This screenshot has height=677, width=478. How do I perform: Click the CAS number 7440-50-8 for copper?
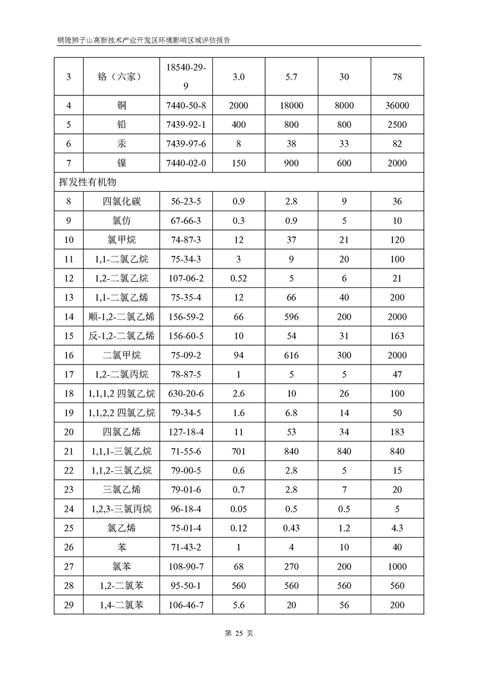tap(189, 106)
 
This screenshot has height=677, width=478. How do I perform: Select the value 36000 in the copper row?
tap(396, 106)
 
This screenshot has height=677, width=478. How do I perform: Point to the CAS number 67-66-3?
tap(189, 221)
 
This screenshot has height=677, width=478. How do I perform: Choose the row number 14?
tap(69, 317)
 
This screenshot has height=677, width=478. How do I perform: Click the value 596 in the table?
tap(292, 317)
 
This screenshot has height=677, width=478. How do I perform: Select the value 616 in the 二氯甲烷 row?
tap(292, 355)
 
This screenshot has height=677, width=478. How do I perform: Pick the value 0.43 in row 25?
tap(292, 528)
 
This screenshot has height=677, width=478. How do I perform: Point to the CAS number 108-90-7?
tap(189, 567)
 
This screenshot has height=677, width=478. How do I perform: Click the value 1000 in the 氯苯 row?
tap(396, 567)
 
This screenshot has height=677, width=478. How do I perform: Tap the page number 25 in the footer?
tap(239, 633)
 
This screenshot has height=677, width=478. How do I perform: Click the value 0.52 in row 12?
tap(239, 278)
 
